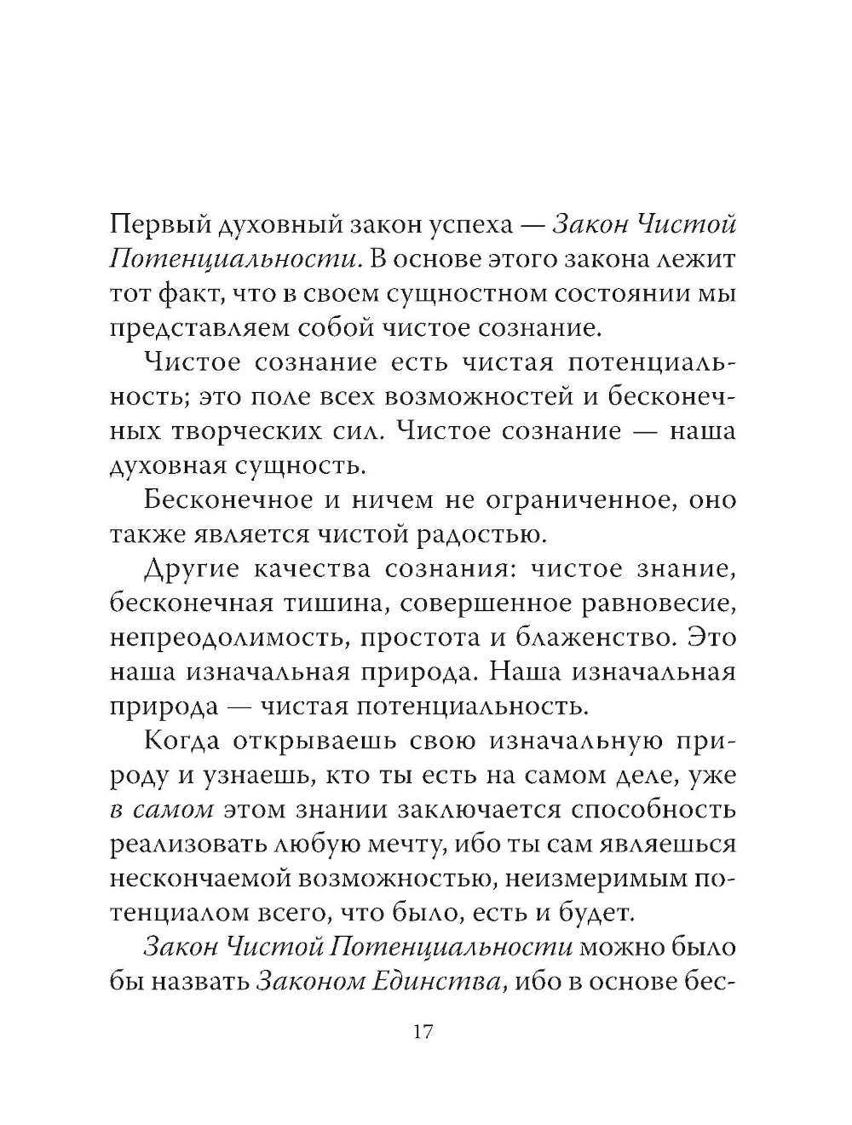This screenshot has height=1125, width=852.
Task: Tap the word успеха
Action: point(472,225)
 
